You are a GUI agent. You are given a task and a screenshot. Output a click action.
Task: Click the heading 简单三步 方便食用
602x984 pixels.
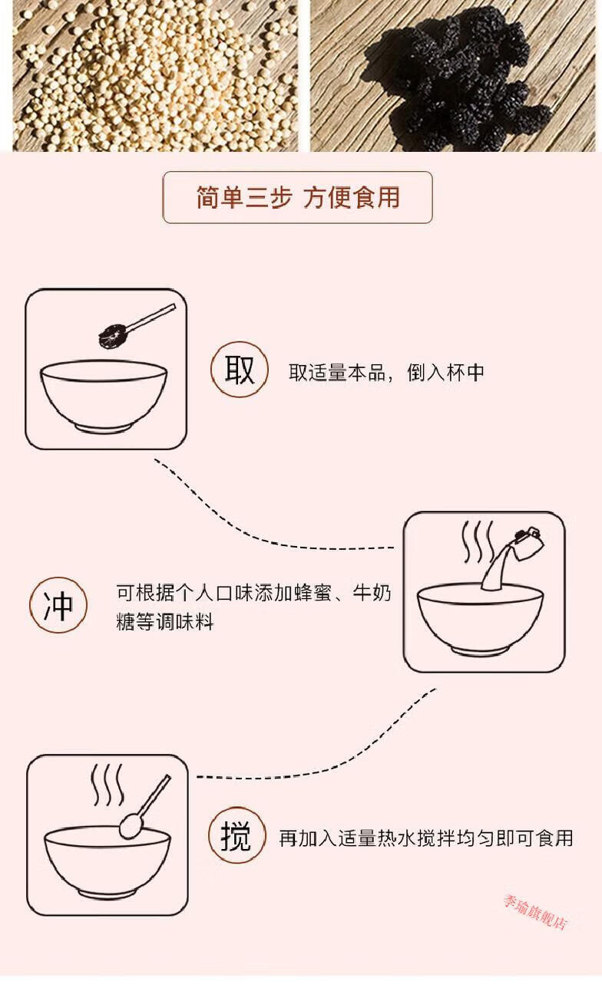[298, 198]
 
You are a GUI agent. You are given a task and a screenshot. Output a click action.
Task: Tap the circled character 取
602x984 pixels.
[239, 370]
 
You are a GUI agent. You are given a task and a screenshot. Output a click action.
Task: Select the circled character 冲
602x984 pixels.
[58, 604]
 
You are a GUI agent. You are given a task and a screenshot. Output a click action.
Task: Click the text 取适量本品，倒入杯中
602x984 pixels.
[386, 372]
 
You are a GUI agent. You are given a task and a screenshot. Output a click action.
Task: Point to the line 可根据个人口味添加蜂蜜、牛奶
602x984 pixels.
[253, 594]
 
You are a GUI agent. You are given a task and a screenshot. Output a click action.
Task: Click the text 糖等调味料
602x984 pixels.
[165, 621]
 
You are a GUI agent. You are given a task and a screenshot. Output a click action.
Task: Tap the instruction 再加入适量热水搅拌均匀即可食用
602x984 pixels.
[425, 838]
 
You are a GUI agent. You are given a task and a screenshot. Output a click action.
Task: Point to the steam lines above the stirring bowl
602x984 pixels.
[107, 785]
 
